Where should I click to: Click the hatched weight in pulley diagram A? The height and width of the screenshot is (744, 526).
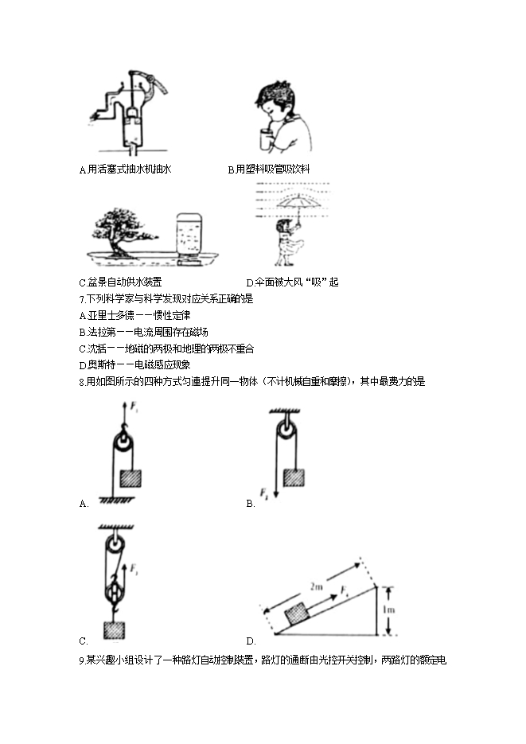pos(130,477)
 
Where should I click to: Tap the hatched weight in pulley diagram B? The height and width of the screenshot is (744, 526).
pos(294,477)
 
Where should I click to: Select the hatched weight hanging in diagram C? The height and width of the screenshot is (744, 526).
pos(115,630)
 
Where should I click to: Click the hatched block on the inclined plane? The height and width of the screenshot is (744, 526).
pos(297,614)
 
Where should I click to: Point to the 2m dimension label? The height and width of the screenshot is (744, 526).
pos(317,587)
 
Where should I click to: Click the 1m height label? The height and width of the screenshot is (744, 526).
pos(388,610)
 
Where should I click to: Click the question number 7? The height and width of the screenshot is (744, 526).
pos(82,299)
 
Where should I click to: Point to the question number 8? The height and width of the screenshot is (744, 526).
pos(82,382)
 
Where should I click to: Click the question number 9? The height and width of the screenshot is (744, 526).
pos(82,660)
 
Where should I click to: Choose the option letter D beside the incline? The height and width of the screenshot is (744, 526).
pos(250,641)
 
